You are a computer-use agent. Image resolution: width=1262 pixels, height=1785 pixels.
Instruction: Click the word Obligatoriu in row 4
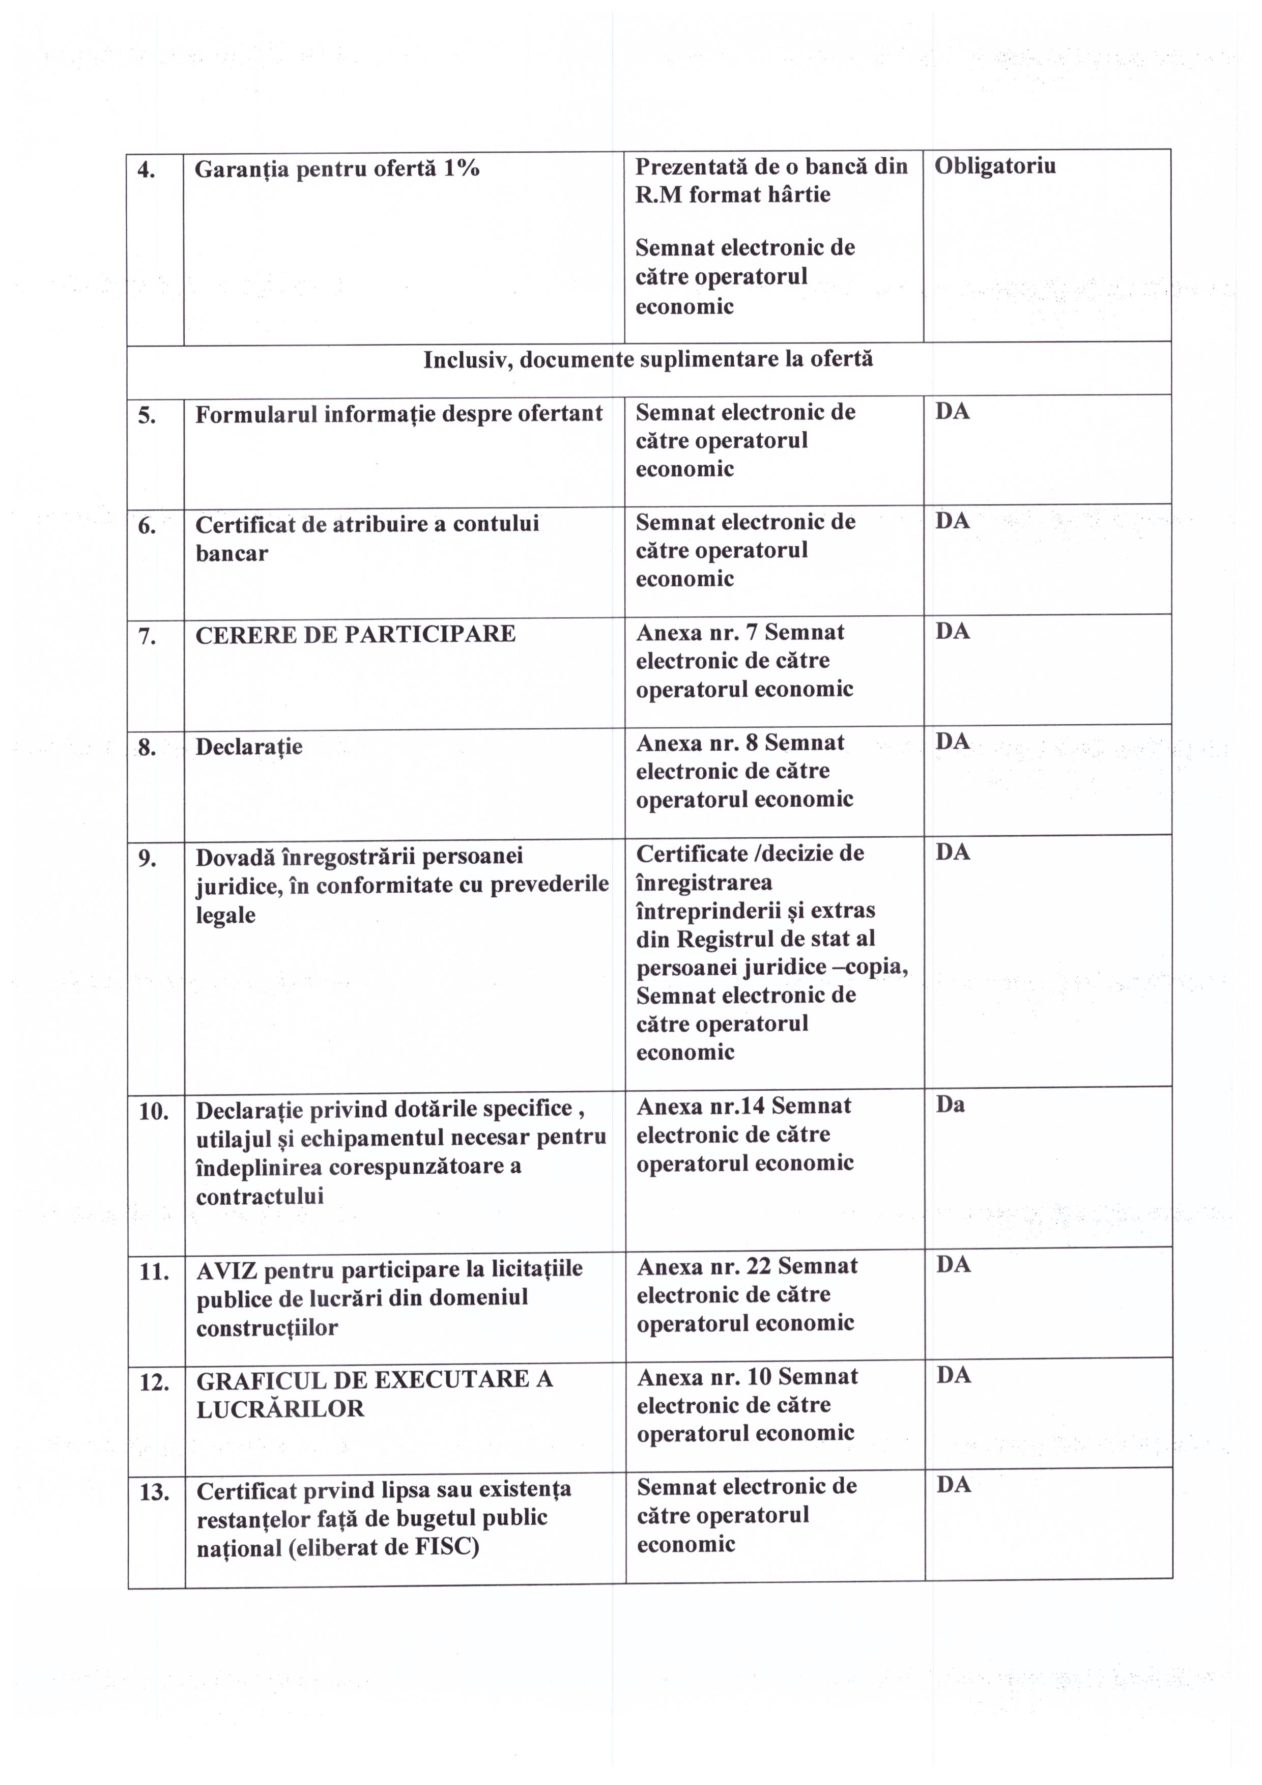[995, 166]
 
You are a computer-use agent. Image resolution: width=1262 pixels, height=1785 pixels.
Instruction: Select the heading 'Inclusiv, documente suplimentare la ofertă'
[648, 359]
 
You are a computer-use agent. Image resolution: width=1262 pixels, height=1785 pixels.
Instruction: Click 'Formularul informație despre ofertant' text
[398, 414]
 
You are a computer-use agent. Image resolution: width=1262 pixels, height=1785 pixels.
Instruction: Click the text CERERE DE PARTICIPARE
[355, 634]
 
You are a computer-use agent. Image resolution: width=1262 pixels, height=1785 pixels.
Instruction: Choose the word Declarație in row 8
[249, 747]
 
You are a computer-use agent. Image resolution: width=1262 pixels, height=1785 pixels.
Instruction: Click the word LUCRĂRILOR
[280, 1409]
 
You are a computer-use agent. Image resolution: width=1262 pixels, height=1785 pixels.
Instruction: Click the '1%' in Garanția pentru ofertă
[460, 168]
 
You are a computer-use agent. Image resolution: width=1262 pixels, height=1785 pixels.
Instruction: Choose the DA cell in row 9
[953, 853]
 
